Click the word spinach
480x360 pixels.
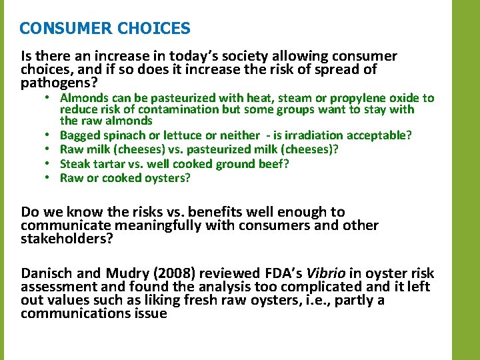[x=122, y=135]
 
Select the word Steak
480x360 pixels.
[x=75, y=163]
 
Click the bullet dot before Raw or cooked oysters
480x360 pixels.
[x=49, y=177]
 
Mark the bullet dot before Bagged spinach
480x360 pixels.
[x=49, y=135]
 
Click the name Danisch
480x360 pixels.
[x=47, y=273]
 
